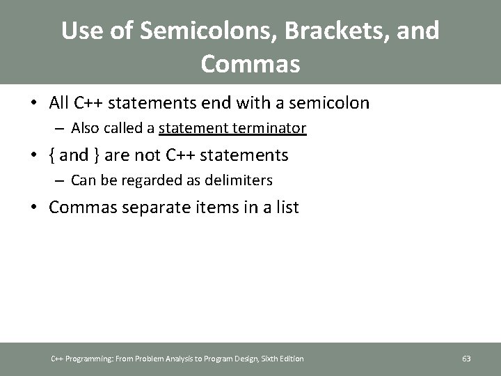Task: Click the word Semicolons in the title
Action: [182, 31]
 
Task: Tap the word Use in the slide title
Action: [81, 31]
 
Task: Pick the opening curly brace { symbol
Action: [53, 155]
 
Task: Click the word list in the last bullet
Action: [286, 207]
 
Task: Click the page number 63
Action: [466, 359]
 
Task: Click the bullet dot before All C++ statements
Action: [35, 104]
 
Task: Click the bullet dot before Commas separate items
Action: [35, 207]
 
